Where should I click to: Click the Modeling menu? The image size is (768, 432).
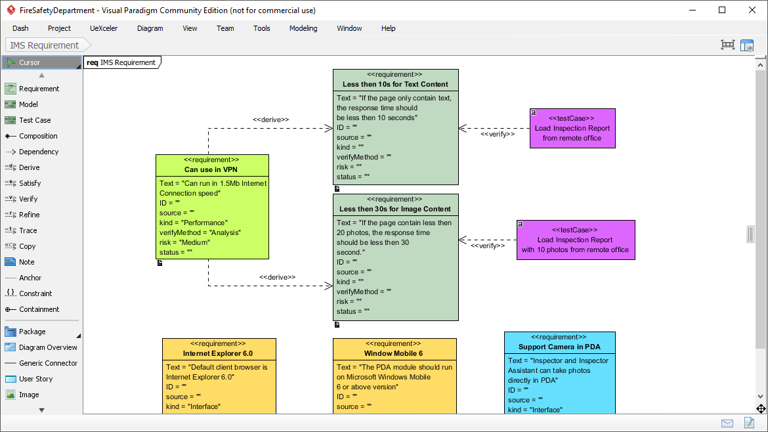coord(303,28)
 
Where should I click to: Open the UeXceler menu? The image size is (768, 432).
coord(104,28)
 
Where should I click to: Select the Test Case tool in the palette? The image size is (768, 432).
coord(34,120)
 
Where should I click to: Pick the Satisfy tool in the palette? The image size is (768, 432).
coord(30,183)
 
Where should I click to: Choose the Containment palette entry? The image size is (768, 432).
coord(39,309)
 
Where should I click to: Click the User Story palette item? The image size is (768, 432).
coord(35,379)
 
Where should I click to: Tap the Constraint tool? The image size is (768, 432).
coord(35,293)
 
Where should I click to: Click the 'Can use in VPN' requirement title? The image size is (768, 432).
coord(211,169)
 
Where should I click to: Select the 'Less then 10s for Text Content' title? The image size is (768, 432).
coord(395,84)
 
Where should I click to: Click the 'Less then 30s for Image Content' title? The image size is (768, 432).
coord(395,209)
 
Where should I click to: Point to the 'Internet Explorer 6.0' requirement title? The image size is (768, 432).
coord(218,353)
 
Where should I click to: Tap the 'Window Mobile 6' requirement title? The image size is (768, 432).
coord(394,353)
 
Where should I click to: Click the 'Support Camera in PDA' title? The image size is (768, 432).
coord(559,347)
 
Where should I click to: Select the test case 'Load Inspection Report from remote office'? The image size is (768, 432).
coord(572,133)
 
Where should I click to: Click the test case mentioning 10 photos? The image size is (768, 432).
coord(575,245)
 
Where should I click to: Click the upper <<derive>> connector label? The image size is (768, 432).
coord(271,119)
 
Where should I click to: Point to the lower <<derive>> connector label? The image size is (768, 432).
coord(277,277)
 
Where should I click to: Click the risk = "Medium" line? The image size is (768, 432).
coord(185,242)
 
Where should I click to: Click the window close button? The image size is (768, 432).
coord(752,10)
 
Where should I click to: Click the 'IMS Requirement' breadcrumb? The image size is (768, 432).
coord(45,45)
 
